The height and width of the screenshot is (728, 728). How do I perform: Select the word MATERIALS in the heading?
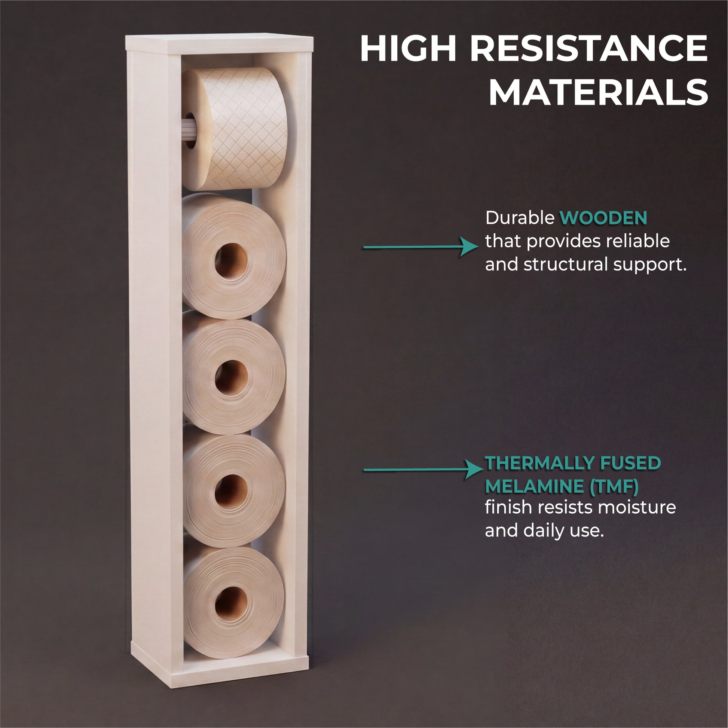599,92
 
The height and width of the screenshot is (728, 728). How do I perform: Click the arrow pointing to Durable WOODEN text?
420,247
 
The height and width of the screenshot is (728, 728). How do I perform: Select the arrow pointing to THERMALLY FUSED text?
423,469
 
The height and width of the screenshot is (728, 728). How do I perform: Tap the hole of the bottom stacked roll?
231,604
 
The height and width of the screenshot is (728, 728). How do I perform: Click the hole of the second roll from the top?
231,261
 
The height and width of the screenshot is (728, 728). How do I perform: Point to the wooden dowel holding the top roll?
189,133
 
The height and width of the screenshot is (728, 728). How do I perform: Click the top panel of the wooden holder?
219,44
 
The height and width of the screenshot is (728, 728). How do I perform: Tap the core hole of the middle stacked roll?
231,377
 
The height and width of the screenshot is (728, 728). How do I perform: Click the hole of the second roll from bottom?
231,492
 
